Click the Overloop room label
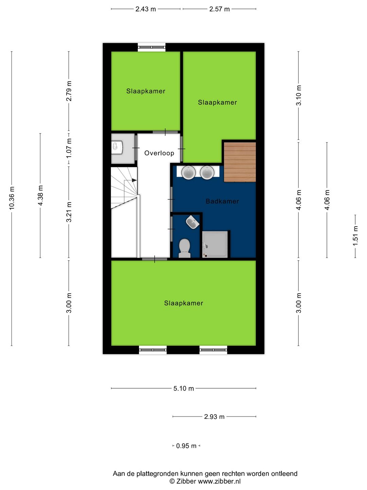(x=159, y=153)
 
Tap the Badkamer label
(x=222, y=201)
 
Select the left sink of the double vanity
(x=189, y=173)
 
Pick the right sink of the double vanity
(x=207, y=173)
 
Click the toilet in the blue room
(x=185, y=248)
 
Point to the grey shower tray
(x=215, y=244)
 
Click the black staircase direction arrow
(x=134, y=180)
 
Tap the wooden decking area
(x=240, y=162)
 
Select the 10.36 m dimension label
(x=12, y=198)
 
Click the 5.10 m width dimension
(x=183, y=389)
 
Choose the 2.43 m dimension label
(x=145, y=9)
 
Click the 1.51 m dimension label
(x=355, y=236)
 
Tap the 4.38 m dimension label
(x=40, y=195)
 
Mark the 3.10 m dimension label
(x=299, y=95)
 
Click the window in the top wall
(x=152, y=47)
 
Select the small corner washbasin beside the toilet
(x=193, y=222)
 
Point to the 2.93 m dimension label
(x=214, y=416)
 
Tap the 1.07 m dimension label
(x=69, y=148)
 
